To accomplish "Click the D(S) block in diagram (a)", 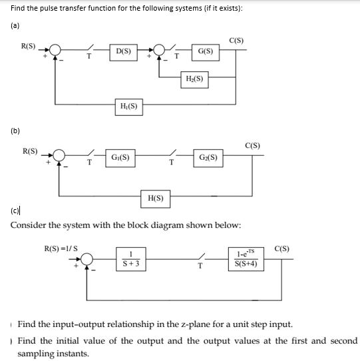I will click(122, 51).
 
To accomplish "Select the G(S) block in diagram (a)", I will click(206, 51).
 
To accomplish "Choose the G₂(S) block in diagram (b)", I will click(208, 158).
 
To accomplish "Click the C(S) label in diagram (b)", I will click(252, 145).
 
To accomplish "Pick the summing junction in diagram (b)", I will click(60, 158).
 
